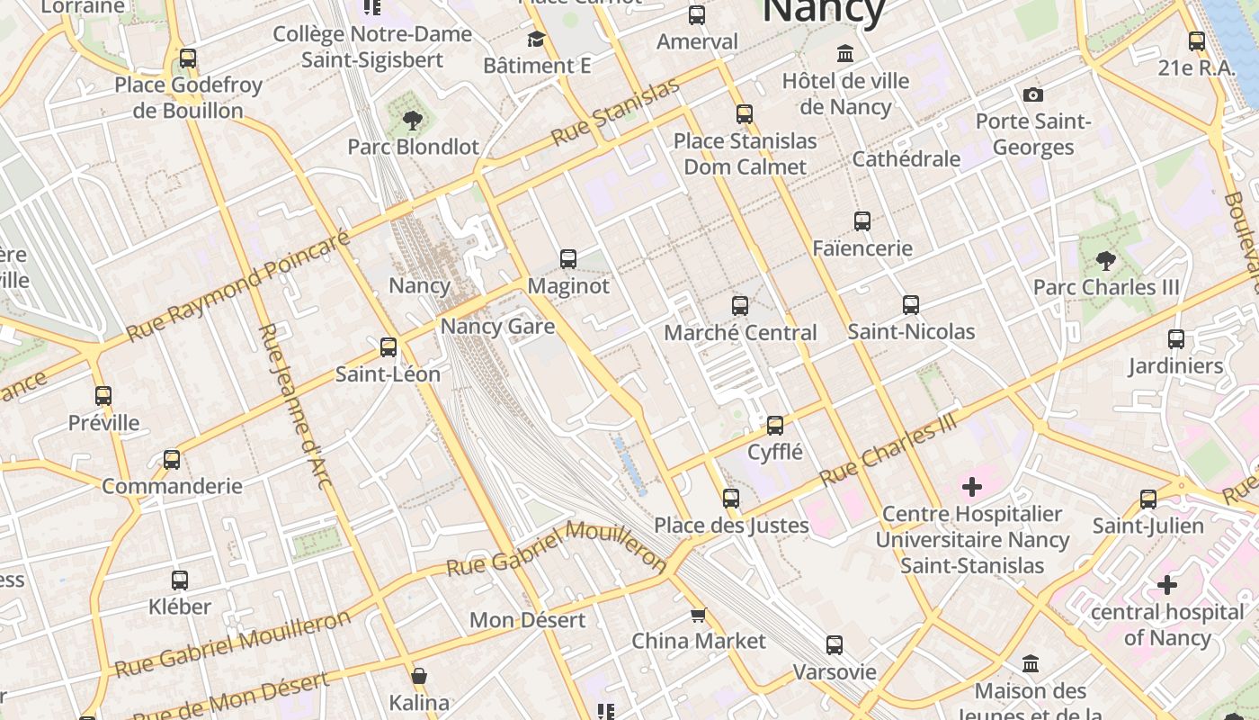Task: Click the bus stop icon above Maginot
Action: point(568,259)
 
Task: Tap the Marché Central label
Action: point(740,333)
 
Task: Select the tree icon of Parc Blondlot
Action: point(413,120)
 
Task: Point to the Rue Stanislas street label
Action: point(615,113)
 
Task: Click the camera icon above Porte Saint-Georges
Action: point(1033,94)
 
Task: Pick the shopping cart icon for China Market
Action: point(698,616)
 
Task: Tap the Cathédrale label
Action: point(906,159)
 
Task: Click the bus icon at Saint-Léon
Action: point(388,347)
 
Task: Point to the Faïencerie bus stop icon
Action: point(862,220)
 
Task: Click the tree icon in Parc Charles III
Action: point(1106,261)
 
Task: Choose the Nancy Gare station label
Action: point(497,326)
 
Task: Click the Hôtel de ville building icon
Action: point(845,54)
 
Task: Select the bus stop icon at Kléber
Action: point(180,580)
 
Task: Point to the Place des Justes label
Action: point(731,526)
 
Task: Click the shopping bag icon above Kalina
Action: point(419,676)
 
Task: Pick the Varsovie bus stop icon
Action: point(835,645)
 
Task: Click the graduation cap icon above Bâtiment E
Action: point(537,40)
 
